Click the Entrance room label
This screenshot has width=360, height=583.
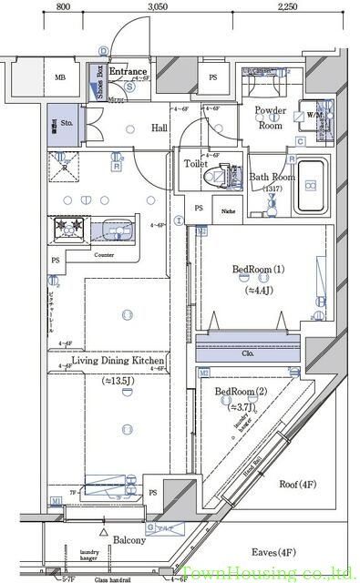pyautogui.click(x=129, y=70)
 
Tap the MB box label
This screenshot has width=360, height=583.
pyautogui.click(x=61, y=78)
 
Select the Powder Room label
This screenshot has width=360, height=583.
pyautogui.click(x=270, y=118)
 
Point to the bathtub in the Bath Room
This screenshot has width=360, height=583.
pyautogui.click(x=311, y=186)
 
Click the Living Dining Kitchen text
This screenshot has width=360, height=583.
pyautogui.click(x=118, y=362)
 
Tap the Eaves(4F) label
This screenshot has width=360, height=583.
pyautogui.click(x=273, y=553)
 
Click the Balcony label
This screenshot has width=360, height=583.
pyautogui.click(x=129, y=540)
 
